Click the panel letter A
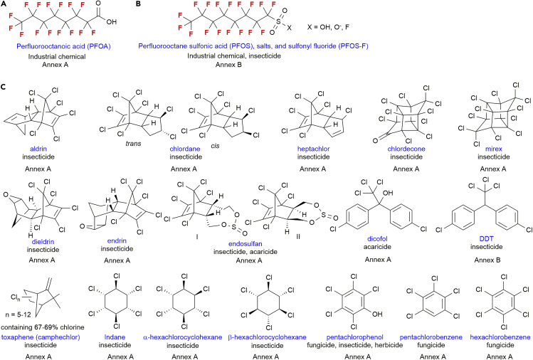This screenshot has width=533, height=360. tap(6, 6)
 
